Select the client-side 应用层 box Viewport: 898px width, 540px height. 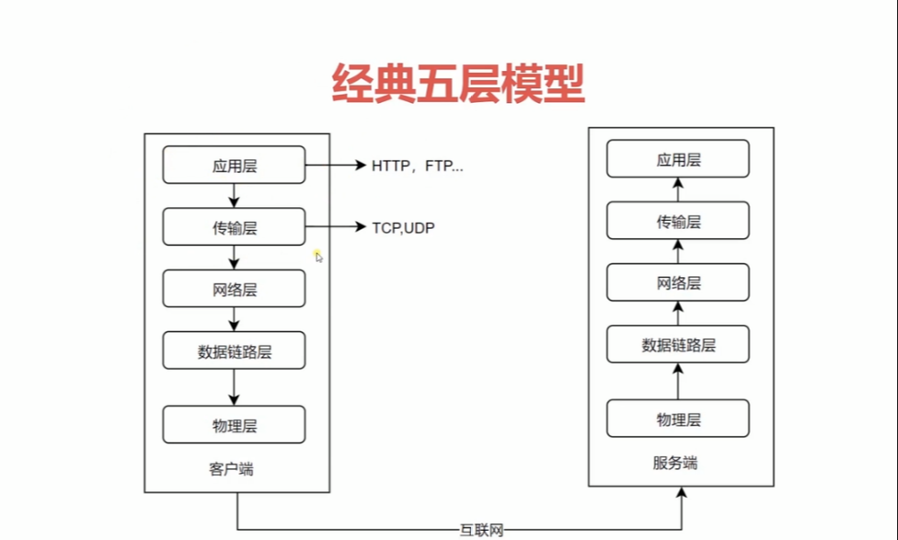coord(234,166)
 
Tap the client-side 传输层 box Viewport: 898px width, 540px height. coord(234,227)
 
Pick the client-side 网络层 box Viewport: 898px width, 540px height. coord(234,289)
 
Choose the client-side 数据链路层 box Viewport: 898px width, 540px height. coord(234,350)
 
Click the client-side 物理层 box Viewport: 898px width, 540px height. coord(234,424)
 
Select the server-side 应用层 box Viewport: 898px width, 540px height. coord(678,159)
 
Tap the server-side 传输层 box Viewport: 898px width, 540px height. coord(678,221)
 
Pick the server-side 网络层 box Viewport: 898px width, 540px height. coord(678,282)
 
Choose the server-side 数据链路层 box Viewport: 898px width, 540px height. coord(678,345)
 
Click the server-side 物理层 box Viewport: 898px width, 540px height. coord(678,419)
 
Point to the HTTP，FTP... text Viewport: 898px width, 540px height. coord(418,167)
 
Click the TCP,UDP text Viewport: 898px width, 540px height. coord(403,227)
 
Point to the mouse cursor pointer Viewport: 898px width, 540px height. coord(318,257)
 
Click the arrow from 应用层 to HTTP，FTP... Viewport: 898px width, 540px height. coord(336,166)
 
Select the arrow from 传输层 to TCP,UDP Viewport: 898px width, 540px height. coord(336,227)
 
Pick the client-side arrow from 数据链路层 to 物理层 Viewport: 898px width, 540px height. coord(234,386)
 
